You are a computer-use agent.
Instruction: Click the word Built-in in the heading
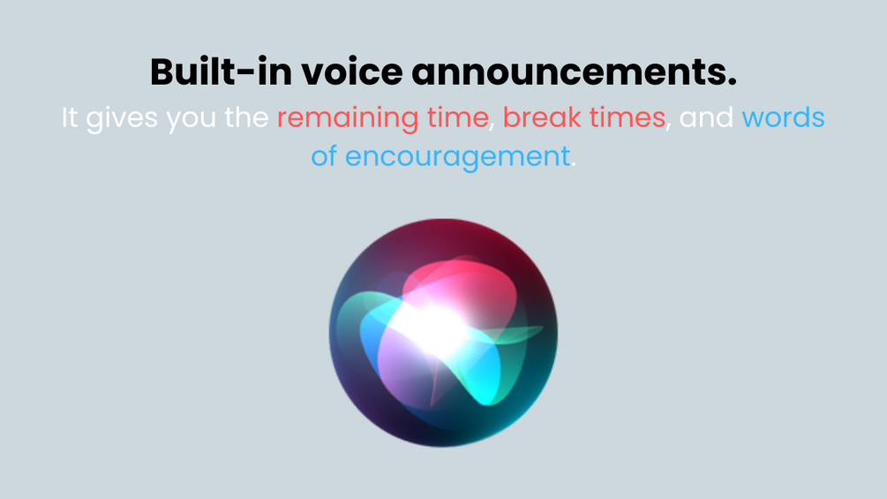pos(222,72)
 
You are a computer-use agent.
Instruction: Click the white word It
pos(70,117)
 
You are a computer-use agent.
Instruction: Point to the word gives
pos(122,119)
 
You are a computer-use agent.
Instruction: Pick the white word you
pos(191,120)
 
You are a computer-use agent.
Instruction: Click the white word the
pos(246,117)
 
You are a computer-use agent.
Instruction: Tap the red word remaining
pos(348,119)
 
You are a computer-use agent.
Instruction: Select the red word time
pos(458,117)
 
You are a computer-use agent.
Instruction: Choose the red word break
pos(542,117)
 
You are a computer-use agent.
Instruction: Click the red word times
pos(628,117)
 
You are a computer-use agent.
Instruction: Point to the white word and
pos(706,117)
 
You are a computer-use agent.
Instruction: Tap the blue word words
pos(783,117)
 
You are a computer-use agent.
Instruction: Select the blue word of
pos(324,155)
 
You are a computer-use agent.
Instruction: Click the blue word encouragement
pos(458,156)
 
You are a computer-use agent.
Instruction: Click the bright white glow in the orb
pos(432,329)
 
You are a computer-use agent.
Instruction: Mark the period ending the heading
pos(733,83)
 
